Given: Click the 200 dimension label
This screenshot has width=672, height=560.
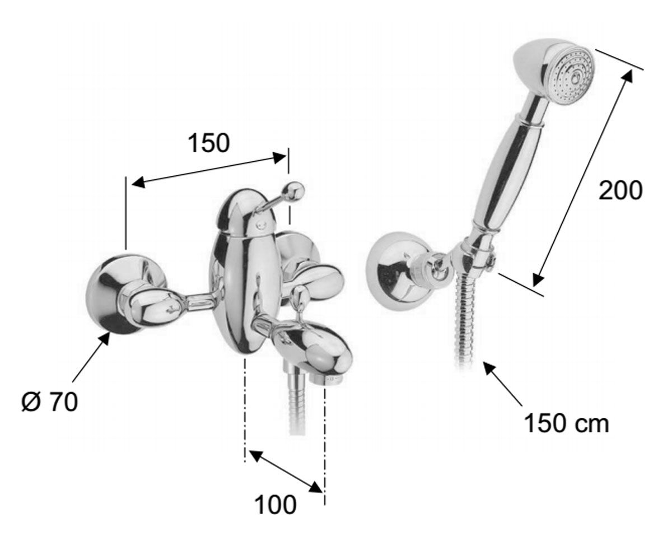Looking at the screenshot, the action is click(620, 191).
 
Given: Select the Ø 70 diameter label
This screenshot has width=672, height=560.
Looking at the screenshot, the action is click(50, 402).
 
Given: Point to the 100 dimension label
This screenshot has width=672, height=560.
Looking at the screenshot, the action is click(276, 505).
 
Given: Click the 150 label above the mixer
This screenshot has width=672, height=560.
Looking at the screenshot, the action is click(208, 143).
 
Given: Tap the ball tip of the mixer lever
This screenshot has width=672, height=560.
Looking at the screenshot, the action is click(294, 192).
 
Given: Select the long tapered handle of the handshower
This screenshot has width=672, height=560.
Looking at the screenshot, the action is click(505, 174).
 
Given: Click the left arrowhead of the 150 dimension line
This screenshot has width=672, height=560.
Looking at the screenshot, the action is click(139, 183).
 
